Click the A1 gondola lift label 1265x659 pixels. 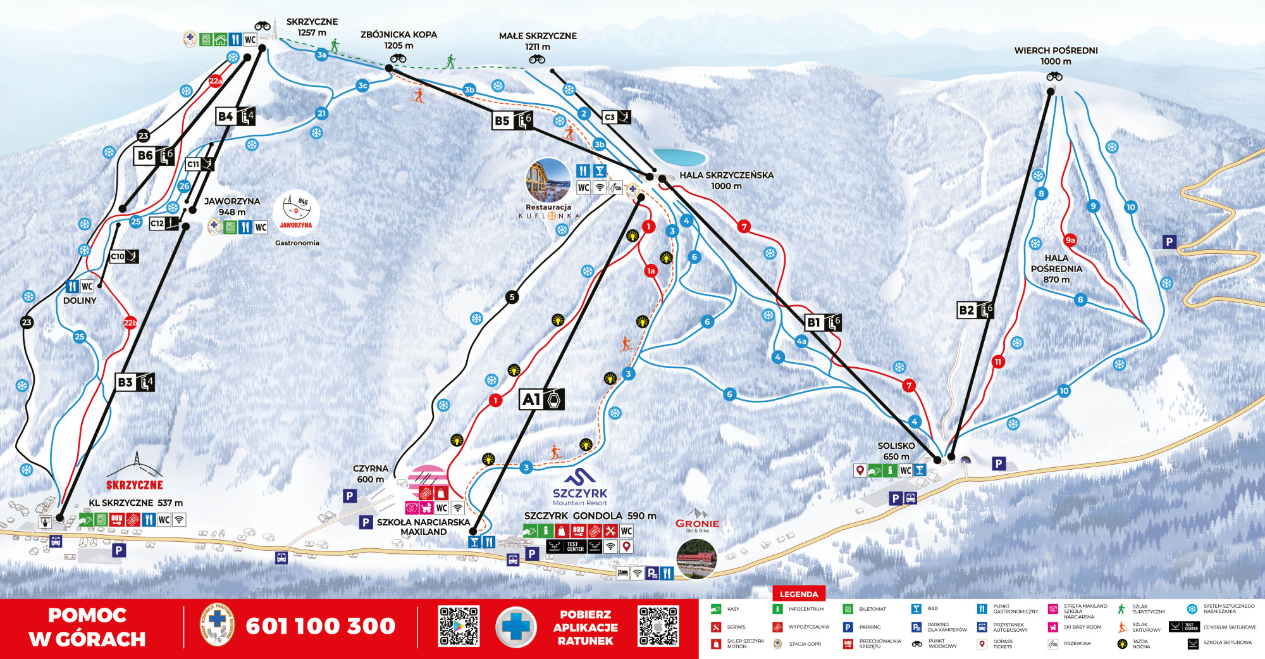tap(541, 399)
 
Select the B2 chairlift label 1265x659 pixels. tap(975, 310)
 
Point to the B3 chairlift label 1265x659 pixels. tap(135, 382)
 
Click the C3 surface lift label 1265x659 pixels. tap(616, 117)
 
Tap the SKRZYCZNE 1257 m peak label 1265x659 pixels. tap(312, 27)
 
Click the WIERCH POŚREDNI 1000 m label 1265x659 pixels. tap(1056, 56)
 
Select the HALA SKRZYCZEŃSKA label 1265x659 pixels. tap(726, 180)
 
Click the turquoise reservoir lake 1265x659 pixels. tap(680, 156)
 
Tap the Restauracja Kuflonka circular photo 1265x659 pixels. tap(548, 180)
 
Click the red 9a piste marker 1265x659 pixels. tap(1070, 240)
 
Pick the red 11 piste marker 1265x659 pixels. tap(998, 362)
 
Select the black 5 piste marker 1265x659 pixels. tap(512, 297)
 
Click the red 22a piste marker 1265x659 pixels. tap(216, 80)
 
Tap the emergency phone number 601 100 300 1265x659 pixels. tap(320, 626)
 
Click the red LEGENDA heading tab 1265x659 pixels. tap(798, 594)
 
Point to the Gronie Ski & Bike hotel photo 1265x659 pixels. tap(696, 558)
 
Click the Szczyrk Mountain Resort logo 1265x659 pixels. tap(579, 488)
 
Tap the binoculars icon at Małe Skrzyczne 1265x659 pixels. tap(537, 60)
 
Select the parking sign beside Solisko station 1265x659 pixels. tap(998, 463)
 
